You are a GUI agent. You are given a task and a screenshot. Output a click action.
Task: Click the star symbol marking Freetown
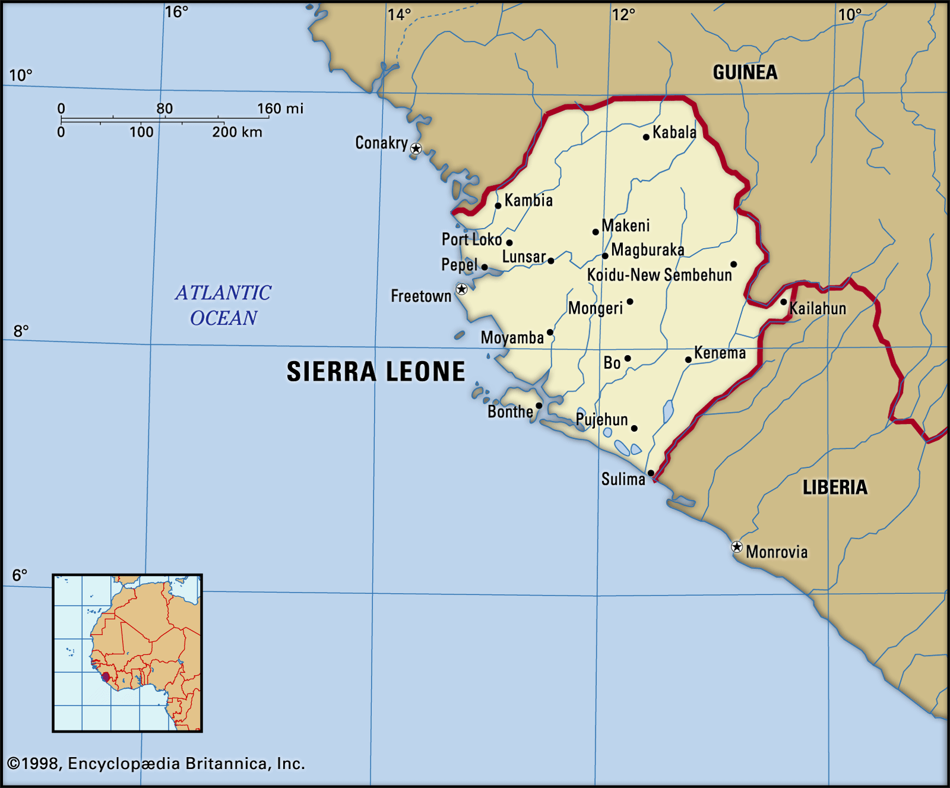461,289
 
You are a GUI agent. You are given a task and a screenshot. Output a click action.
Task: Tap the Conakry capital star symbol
416,148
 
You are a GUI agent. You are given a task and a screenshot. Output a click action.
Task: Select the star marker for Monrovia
737,547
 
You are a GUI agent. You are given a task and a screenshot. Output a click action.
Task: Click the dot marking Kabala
646,137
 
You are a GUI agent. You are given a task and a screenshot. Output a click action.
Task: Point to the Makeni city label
626,226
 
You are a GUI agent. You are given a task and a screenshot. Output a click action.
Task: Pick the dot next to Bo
628,359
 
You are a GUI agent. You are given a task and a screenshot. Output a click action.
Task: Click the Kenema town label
720,353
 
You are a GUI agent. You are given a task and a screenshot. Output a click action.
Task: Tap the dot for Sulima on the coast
651,473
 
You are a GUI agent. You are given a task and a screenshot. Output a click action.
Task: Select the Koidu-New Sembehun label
659,275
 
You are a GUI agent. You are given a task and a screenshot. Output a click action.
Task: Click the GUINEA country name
745,72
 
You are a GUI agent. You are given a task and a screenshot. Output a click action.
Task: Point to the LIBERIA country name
835,488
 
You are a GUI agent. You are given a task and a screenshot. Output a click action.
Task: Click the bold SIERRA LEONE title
376,372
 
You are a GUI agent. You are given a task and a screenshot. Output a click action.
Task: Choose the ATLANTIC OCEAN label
223,305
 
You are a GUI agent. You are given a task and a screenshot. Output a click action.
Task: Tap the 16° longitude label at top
176,12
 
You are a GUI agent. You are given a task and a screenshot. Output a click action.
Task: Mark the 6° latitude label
20,575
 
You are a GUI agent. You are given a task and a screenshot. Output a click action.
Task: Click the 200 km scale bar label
237,132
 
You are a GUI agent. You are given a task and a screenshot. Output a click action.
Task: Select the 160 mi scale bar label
280,108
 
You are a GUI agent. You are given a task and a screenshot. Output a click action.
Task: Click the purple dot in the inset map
106,677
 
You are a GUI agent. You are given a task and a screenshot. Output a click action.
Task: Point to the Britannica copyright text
156,764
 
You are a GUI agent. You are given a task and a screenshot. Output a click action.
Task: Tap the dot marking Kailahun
784,302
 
